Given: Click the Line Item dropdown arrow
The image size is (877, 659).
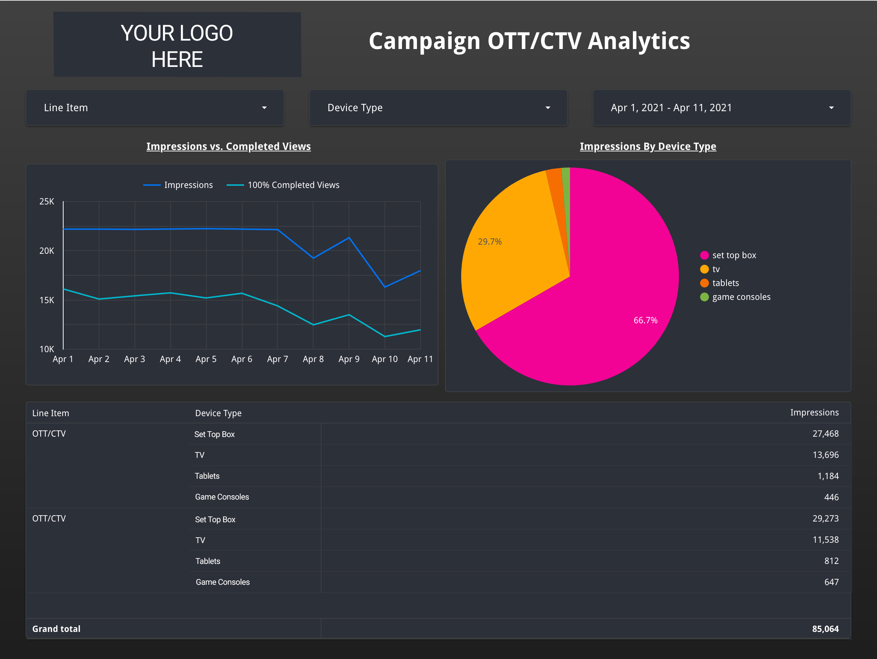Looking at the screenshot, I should tap(265, 108).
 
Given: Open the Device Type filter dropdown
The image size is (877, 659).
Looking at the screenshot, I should tap(438, 108).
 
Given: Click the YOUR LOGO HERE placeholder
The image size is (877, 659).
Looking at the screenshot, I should tap(177, 45).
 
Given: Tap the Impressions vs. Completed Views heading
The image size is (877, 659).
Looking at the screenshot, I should tap(228, 146).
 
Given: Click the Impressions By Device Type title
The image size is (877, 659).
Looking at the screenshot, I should tap(648, 146).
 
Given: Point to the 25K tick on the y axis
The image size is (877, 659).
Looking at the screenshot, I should tap(47, 202).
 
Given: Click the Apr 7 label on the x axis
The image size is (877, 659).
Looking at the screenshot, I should tap(277, 359).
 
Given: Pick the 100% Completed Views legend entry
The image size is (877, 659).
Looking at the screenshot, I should tap(293, 185).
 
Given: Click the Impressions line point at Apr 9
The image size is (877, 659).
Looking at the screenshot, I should tap(349, 238).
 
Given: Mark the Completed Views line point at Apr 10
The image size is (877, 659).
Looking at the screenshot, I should tap(384, 336).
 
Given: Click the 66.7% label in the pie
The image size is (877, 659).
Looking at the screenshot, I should tap(645, 320).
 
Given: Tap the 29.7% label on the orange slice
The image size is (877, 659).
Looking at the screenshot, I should tap(490, 242).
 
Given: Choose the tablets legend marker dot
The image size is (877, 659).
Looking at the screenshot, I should tap(705, 283).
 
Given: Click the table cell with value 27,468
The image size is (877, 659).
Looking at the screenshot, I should tap(825, 434).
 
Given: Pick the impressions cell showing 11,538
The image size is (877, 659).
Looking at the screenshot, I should tap(825, 539).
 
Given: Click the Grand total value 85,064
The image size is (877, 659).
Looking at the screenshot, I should tap(825, 629).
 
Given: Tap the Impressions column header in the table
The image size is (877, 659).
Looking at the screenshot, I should tap(815, 413).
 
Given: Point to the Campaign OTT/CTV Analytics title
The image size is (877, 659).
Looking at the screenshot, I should tap(529, 41).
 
